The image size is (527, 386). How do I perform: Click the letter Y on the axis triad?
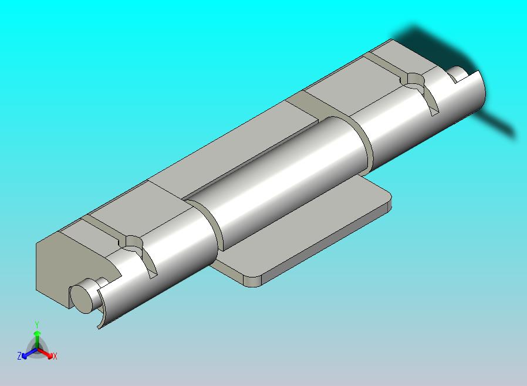coord(37,324)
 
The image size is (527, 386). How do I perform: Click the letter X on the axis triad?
coord(55,356)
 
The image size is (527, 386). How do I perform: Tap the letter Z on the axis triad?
coord(19,355)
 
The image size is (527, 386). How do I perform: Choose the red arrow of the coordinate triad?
coord(48,353)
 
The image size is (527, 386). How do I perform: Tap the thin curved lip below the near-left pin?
coord(100,314)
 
